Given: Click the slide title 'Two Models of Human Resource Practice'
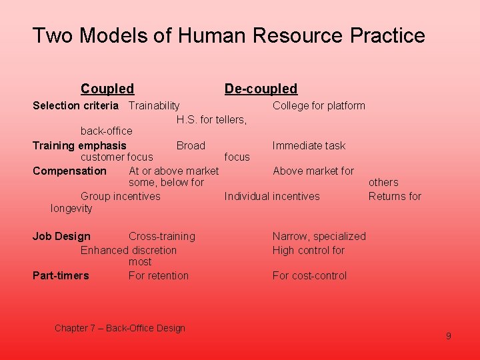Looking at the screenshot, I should point(229,35).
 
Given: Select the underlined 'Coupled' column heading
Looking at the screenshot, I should point(107,89).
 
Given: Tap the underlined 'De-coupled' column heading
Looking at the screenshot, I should point(261,89).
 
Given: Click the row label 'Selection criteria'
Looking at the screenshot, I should point(75,105).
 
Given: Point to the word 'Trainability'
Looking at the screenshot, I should point(154,105).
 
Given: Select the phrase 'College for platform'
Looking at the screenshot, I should point(319,105).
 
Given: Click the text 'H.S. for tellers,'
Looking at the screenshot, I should point(211,120).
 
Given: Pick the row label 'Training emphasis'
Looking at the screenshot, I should point(79,145).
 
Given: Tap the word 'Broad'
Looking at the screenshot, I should point(191,145).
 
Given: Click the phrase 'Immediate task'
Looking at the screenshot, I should point(309,145).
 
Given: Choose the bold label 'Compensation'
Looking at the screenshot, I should point(69,171).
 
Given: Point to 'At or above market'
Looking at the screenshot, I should point(173,171).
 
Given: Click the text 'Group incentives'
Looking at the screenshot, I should point(120,196).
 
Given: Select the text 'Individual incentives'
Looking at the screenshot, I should point(272,196).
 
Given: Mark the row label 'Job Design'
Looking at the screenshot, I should point(61,236).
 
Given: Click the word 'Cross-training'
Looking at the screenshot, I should point(162,236).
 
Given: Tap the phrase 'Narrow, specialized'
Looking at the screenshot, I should point(319,236).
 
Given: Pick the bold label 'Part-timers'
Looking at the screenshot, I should point(61,275).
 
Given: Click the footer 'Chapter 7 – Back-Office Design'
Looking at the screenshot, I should point(120,328).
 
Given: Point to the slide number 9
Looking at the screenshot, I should point(448,336).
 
